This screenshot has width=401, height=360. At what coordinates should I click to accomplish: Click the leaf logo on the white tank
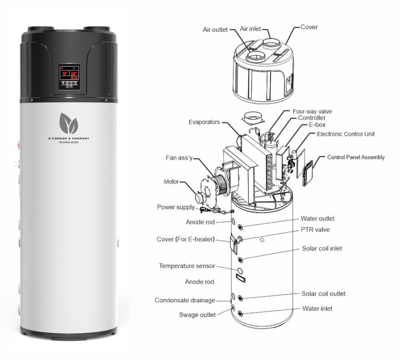click(69, 123)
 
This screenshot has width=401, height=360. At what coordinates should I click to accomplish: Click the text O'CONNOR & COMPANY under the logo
click(69, 139)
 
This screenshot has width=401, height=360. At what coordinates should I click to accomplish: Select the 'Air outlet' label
click(215, 30)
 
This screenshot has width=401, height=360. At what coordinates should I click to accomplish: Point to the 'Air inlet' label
click(250, 29)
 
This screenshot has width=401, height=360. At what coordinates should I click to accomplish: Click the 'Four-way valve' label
click(312, 111)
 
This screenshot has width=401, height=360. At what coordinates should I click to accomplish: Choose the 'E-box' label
click(317, 125)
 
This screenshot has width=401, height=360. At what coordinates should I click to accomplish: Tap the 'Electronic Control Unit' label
click(346, 134)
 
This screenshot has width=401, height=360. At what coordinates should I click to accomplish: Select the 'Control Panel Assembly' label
click(356, 157)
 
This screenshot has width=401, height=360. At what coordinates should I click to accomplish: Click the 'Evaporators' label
click(204, 122)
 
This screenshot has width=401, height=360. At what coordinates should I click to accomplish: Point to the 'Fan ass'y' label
click(179, 158)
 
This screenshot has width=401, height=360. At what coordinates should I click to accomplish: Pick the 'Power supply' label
click(176, 207)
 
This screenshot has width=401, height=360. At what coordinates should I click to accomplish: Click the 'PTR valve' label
click(315, 230)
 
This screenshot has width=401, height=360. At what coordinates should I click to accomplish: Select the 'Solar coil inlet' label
click(322, 249)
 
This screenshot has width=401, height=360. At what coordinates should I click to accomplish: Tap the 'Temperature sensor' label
click(187, 266)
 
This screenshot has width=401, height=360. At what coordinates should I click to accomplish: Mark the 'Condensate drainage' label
click(185, 300)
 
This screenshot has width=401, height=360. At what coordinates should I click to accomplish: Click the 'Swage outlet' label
click(197, 315)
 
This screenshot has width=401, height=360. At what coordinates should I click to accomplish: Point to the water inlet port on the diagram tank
click(240, 314)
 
